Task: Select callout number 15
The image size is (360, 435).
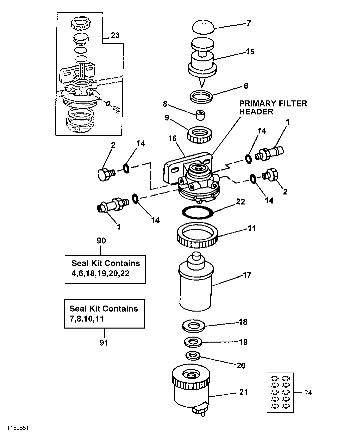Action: pos(250,52)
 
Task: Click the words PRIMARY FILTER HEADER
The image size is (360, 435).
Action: pos(273,107)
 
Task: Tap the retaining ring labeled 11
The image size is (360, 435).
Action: pos(197,236)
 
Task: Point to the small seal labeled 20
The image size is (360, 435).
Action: pos(191,356)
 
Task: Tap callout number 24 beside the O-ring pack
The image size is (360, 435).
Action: pos(308,393)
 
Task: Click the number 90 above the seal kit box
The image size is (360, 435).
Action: pos(101,241)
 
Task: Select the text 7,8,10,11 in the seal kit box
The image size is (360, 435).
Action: pos(85,319)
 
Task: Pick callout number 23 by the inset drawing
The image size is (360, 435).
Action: pos(115,35)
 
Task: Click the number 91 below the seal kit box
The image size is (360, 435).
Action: pos(104,342)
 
